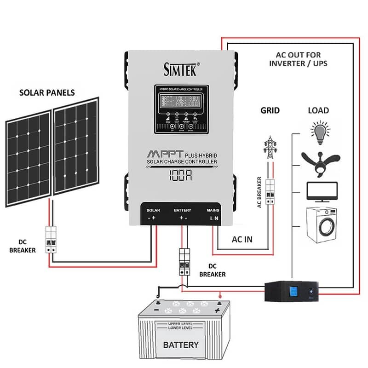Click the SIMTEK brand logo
pos(181,69)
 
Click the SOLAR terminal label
pos(153,210)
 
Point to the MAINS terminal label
pos(214,210)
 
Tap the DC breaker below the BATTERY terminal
pos(185,262)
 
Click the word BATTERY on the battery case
pos(181,345)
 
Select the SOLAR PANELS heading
pos(47,92)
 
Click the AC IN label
pos(242,240)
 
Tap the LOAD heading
pos(318,110)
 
